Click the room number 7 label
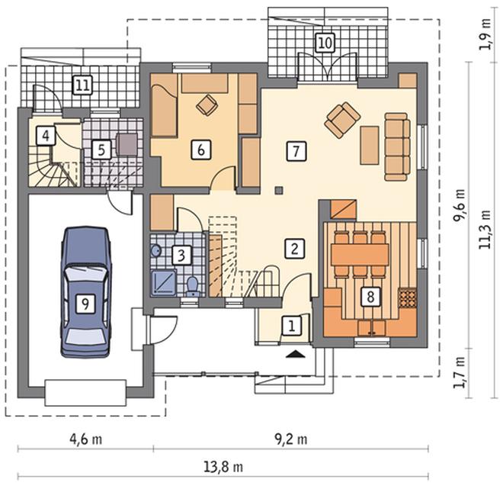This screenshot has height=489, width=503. (296, 150)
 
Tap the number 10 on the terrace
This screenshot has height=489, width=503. (325, 43)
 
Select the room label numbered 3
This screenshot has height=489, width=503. (181, 256)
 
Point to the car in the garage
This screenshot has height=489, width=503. (86, 292)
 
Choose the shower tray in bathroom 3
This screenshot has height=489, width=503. (164, 282)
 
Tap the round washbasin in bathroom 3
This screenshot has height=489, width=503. (156, 250)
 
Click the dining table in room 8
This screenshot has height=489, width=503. (360, 254)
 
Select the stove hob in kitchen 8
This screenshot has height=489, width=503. (408, 298)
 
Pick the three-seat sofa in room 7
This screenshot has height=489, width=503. (398, 146)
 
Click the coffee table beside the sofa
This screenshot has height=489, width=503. (370, 146)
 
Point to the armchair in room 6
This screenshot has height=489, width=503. (206, 105)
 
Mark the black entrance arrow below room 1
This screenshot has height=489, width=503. (295, 354)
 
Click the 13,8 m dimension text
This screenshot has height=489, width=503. (223, 466)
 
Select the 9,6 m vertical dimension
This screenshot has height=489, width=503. (459, 205)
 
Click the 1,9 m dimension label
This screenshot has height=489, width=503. (485, 34)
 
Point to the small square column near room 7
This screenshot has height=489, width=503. (279, 190)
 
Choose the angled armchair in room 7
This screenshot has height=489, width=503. (342, 120)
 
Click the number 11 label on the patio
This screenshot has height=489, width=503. (83, 85)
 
